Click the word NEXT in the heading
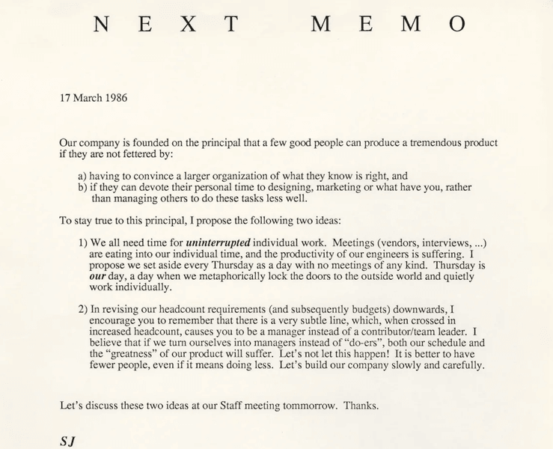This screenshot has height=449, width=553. (x=168, y=24)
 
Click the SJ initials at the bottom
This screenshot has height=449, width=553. (x=67, y=441)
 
